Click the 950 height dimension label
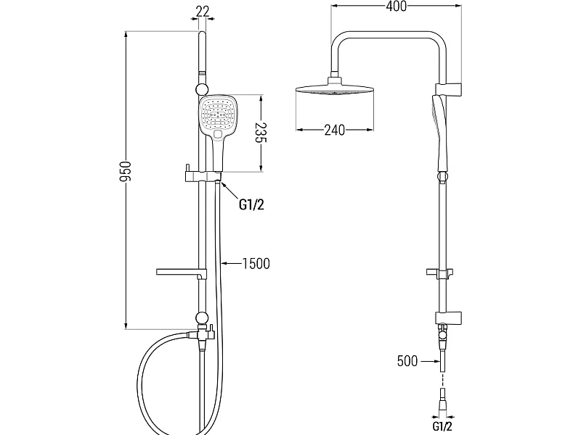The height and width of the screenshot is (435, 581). point(126,171)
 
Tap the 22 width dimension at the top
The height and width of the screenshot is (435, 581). point(203,11)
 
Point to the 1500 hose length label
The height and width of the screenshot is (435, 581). point(256,264)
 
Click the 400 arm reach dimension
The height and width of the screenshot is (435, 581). point(396,7)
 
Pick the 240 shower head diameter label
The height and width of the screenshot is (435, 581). point(334,130)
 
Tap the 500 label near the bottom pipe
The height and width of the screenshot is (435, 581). point(407,360)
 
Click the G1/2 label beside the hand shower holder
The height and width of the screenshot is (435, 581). point(251,204)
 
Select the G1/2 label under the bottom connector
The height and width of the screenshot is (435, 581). point(442,426)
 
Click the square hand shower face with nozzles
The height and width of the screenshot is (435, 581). point(217,115)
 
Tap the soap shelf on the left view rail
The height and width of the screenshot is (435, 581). point(181,273)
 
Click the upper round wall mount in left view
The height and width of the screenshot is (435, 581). point(202,89)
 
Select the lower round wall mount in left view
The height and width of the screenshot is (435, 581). point(202,318)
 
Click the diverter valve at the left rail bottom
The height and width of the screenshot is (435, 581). point(202,335)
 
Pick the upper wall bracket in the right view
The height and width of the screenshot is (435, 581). point(449,88)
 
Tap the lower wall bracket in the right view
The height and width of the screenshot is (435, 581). point(449,318)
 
